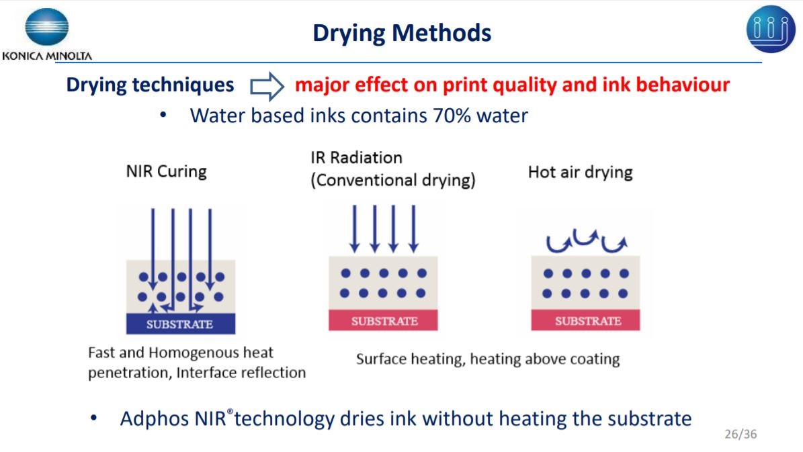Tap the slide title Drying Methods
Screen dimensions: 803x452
[402, 33]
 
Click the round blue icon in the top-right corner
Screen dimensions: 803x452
[770, 29]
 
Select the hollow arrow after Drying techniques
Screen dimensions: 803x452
[267, 85]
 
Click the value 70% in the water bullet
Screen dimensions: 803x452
[452, 116]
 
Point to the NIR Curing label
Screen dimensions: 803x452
[167, 171]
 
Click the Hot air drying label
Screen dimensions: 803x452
[580, 173]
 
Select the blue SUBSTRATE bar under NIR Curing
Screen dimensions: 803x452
[181, 324]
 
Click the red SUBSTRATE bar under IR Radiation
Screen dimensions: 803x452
[383, 320]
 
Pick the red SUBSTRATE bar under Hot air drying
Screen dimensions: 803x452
[585, 320]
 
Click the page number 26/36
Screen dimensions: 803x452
[741, 434]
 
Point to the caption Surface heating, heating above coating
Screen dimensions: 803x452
[488, 359]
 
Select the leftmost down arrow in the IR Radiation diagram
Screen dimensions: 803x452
[354, 229]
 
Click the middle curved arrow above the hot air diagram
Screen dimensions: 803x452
[586, 237]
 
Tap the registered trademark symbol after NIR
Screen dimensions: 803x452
[230, 411]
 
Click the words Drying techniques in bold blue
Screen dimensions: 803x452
[150, 85]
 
